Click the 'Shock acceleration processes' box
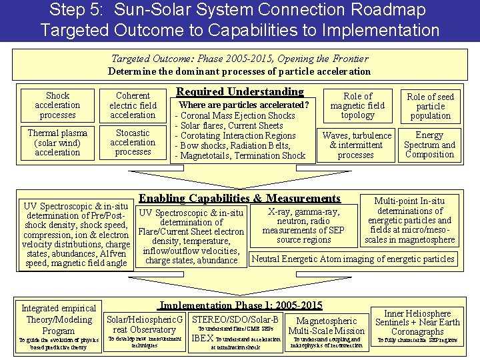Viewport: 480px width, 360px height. [57, 105]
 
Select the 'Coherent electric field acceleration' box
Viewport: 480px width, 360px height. [133, 105]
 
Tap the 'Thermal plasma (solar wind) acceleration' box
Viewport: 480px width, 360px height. [57, 143]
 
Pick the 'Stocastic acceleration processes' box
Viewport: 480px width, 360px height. [133, 142]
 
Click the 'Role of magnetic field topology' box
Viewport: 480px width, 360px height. [357, 105]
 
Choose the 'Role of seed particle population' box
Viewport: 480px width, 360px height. [430, 105]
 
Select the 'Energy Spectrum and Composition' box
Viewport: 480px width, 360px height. [430, 145]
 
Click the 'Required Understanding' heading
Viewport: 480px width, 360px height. [239, 92]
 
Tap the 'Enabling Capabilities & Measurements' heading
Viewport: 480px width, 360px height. [239, 198]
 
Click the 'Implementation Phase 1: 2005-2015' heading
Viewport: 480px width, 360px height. [240, 305]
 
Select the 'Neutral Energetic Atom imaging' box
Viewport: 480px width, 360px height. [353, 259]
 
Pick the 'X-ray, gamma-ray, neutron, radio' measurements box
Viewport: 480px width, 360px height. [303, 225]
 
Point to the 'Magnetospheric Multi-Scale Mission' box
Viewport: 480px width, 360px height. [326, 325]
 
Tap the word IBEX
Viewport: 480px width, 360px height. [202, 338]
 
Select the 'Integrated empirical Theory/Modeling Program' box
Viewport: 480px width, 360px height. [59, 319]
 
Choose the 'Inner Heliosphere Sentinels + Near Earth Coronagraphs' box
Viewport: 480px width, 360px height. [417, 322]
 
